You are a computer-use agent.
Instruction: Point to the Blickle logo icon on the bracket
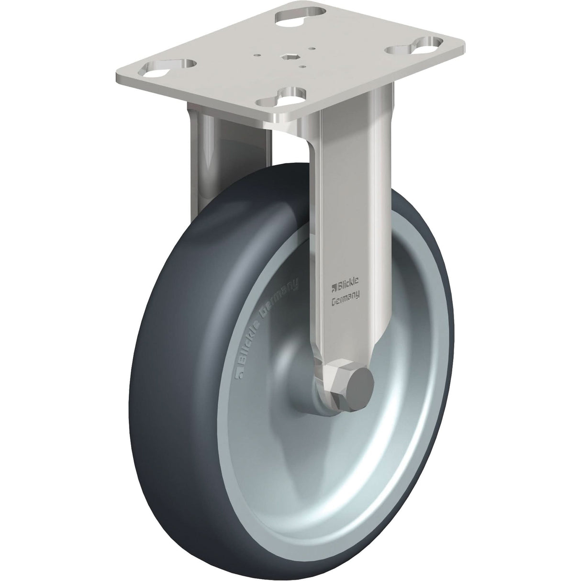coord(335,288)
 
